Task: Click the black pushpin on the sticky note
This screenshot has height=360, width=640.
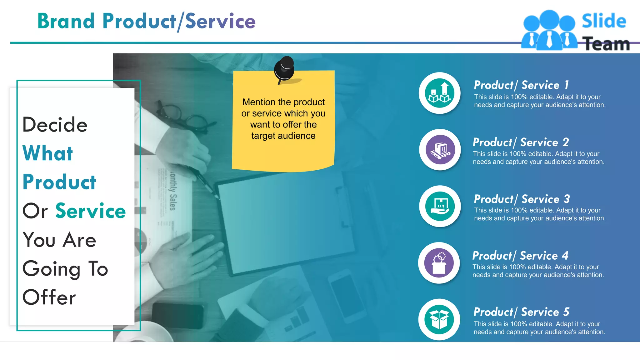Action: (284, 69)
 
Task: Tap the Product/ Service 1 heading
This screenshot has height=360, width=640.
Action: (521, 85)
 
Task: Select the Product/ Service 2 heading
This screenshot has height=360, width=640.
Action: (520, 142)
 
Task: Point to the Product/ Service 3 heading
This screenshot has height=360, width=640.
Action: (522, 199)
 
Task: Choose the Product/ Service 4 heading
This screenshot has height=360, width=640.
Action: (520, 256)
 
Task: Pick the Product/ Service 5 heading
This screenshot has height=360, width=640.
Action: (521, 312)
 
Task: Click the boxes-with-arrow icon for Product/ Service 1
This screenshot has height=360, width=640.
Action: (439, 93)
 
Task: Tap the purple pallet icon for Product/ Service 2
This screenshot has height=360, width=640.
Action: (440, 150)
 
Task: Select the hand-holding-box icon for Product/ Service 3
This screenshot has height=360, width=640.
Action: (440, 206)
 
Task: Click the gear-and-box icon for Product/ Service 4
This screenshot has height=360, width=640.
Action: (439, 263)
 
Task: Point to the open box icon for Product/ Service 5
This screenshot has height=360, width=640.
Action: (439, 319)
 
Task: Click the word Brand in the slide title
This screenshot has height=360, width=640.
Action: (66, 21)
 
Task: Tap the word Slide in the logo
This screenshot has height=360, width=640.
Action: (604, 21)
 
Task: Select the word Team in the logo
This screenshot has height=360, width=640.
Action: (606, 44)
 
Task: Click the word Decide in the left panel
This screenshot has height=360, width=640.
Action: (55, 125)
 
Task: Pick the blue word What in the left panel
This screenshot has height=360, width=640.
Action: (48, 153)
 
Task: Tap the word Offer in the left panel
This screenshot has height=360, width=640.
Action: (49, 297)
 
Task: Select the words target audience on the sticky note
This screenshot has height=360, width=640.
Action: (283, 136)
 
